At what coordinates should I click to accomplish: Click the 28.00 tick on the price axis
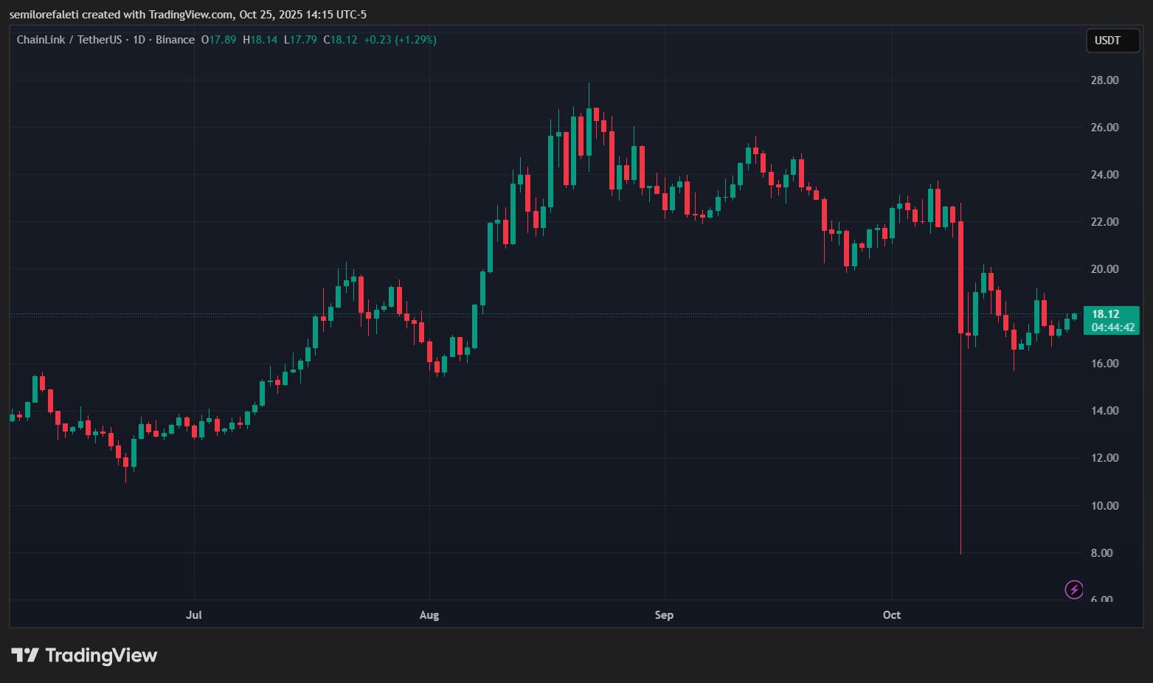1104,80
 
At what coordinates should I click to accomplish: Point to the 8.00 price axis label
1101,552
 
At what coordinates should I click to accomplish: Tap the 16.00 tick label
1104,363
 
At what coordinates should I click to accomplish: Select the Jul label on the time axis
194,614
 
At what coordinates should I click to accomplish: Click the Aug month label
429,614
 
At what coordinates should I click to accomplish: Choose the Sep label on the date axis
664,614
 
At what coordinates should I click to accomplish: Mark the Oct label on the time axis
892,614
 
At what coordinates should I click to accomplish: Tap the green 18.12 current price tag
1105,314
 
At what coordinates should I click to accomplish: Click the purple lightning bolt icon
1074,589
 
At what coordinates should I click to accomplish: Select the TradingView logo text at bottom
85,655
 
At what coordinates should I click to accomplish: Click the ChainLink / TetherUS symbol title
69,40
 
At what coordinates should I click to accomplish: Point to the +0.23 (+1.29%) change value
400,40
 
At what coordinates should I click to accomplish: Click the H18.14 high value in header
260,40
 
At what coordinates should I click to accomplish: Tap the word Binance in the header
176,40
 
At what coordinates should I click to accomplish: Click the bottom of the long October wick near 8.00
960,553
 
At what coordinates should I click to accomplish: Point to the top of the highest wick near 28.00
589,84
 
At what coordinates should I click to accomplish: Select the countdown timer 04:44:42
1113,327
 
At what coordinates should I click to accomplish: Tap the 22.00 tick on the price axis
1104,221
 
